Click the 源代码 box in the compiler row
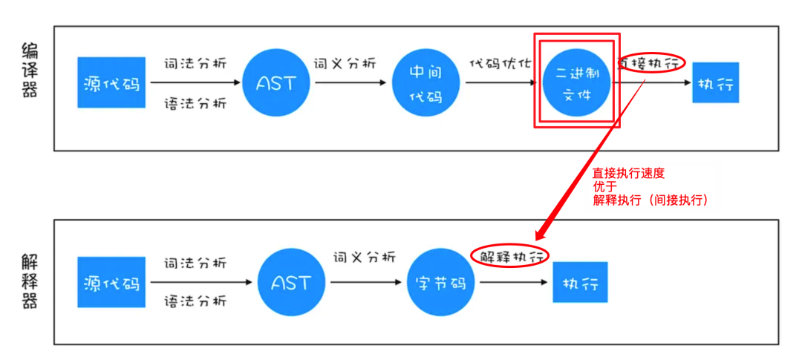pos(111,82)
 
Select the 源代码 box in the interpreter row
pos(111,282)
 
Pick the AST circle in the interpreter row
pos(291,282)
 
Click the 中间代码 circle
pos(426,82)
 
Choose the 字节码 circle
pos(441,282)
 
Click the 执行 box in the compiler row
pos(715,82)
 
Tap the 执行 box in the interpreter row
pos(580,282)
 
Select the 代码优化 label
pos(500,63)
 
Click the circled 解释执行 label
pos(510,256)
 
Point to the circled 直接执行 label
pos(649,63)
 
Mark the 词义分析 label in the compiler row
pos(345,63)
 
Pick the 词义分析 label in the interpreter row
pos(365,257)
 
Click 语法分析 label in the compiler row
pos(195,103)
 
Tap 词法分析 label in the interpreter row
pos(195,263)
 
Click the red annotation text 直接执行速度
pos(628,173)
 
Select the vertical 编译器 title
pos(30,71)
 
